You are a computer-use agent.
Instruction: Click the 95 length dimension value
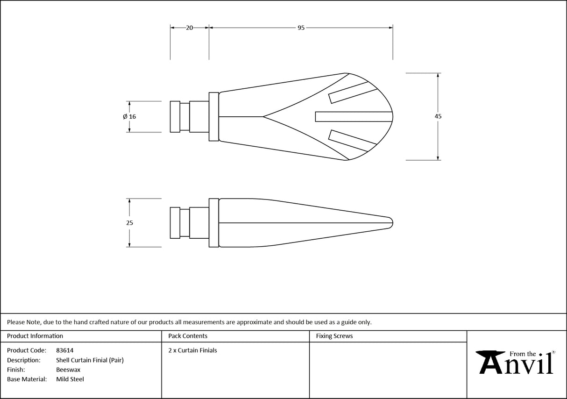click(x=301, y=28)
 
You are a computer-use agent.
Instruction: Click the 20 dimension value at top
click(x=189, y=28)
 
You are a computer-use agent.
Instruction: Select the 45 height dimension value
click(x=438, y=116)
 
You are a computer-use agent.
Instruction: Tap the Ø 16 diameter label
click(x=129, y=116)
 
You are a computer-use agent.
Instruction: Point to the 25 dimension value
click(x=129, y=223)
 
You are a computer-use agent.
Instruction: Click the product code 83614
click(x=64, y=350)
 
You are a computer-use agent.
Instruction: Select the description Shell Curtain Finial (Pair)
click(x=90, y=360)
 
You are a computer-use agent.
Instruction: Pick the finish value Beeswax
click(x=68, y=370)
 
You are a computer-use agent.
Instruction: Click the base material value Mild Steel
click(x=70, y=379)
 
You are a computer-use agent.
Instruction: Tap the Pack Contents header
click(x=188, y=336)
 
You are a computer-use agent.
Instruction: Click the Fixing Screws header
click(x=334, y=336)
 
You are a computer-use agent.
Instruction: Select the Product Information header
click(x=35, y=336)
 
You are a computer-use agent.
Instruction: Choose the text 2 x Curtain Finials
click(x=192, y=350)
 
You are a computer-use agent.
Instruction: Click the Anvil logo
click(x=516, y=362)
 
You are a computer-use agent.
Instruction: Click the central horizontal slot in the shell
click(x=353, y=116)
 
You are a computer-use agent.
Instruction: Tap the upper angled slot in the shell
click(x=353, y=92)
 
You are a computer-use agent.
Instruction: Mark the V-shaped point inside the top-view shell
click(x=264, y=116)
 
